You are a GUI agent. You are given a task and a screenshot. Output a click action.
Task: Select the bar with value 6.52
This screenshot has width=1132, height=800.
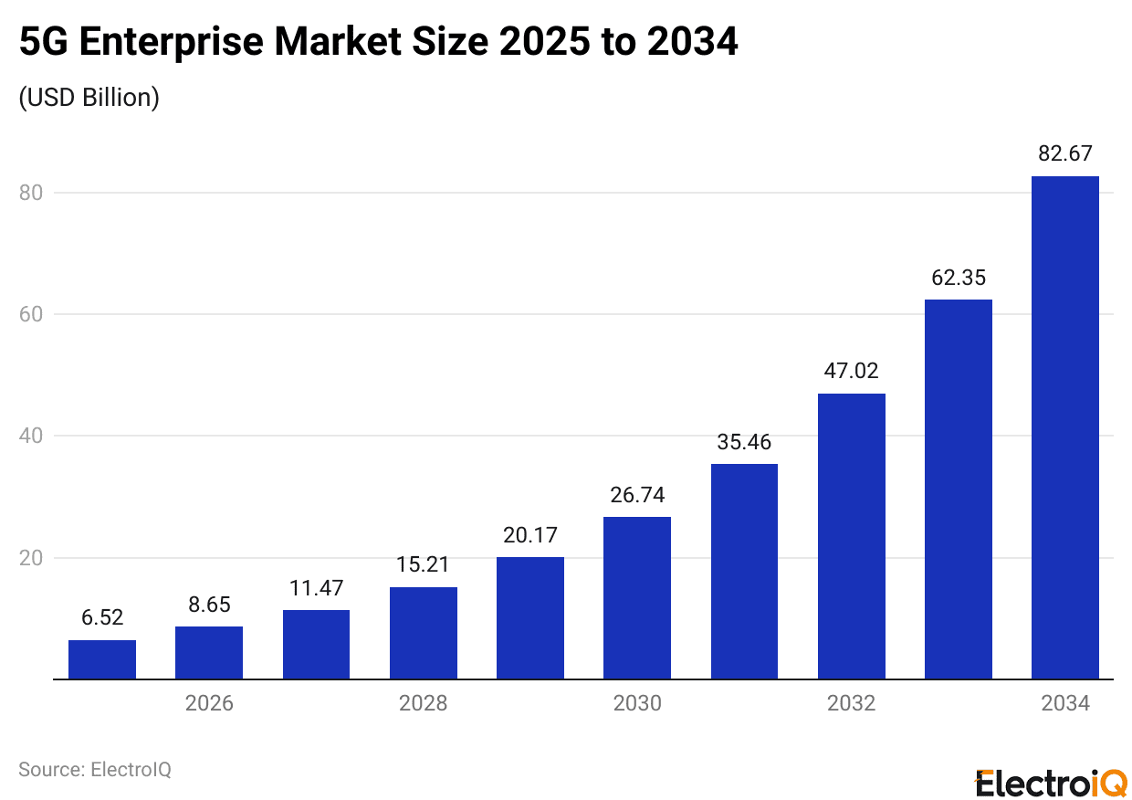pyautogui.click(x=102, y=659)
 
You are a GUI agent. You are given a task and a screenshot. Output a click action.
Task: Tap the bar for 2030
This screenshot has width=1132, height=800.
pyautogui.click(x=637, y=598)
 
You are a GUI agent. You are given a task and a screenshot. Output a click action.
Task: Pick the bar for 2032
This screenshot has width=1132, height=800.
pyautogui.click(x=851, y=536)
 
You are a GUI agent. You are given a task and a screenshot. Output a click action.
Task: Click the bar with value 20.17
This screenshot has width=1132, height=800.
pyautogui.click(x=529, y=618)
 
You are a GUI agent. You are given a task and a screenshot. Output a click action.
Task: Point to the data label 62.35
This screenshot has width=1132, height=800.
pyautogui.click(x=959, y=278)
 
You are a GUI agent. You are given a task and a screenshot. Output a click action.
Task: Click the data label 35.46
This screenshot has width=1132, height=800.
pyautogui.click(x=744, y=443)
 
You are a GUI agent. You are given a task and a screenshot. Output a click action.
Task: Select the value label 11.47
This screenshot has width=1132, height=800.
pyautogui.click(x=316, y=588)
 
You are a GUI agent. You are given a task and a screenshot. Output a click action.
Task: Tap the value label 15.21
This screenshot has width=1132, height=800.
pyautogui.click(x=423, y=565)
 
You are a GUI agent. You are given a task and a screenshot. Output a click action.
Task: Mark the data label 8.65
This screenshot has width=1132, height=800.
pyautogui.click(x=209, y=605)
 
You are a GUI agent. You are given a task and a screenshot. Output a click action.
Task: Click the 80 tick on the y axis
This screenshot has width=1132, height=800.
pyautogui.click(x=33, y=193)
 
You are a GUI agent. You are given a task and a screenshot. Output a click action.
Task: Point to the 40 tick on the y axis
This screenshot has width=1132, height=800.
pyautogui.click(x=33, y=437)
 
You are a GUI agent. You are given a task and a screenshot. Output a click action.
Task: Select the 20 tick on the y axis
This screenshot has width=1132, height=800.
pyautogui.click(x=33, y=558)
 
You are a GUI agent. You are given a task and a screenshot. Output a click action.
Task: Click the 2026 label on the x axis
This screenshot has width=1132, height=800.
pyautogui.click(x=209, y=704)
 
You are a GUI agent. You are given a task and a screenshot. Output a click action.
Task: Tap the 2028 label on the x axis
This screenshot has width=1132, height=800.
pyautogui.click(x=423, y=704)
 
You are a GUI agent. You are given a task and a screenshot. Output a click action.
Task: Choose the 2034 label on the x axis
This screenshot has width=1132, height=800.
pyautogui.click(x=1064, y=704)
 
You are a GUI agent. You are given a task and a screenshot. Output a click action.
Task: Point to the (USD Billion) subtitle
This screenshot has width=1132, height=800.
pyautogui.click(x=89, y=98)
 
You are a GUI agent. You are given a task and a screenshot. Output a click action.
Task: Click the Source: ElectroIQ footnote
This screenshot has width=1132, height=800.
pyautogui.click(x=95, y=769)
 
